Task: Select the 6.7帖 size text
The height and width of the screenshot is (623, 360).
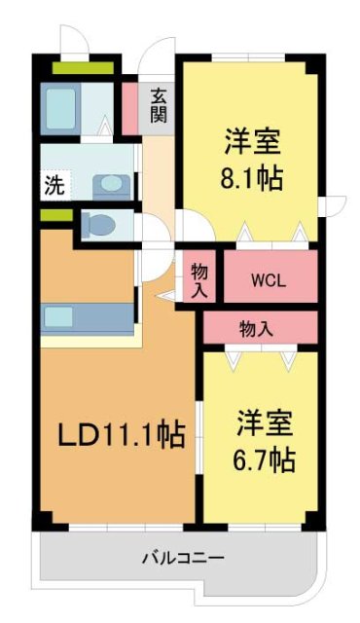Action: [262, 458]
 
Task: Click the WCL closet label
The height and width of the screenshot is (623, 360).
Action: [268, 281]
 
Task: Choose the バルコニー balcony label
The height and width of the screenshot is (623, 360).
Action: [183, 559]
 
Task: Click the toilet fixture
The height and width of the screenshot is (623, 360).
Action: [98, 226]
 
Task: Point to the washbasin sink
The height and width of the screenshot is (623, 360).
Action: [107, 183]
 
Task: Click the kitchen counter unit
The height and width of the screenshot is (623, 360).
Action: [88, 317]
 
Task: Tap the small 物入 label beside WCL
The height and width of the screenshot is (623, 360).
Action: [198, 278]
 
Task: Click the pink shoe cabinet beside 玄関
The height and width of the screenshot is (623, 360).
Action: [129, 108]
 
